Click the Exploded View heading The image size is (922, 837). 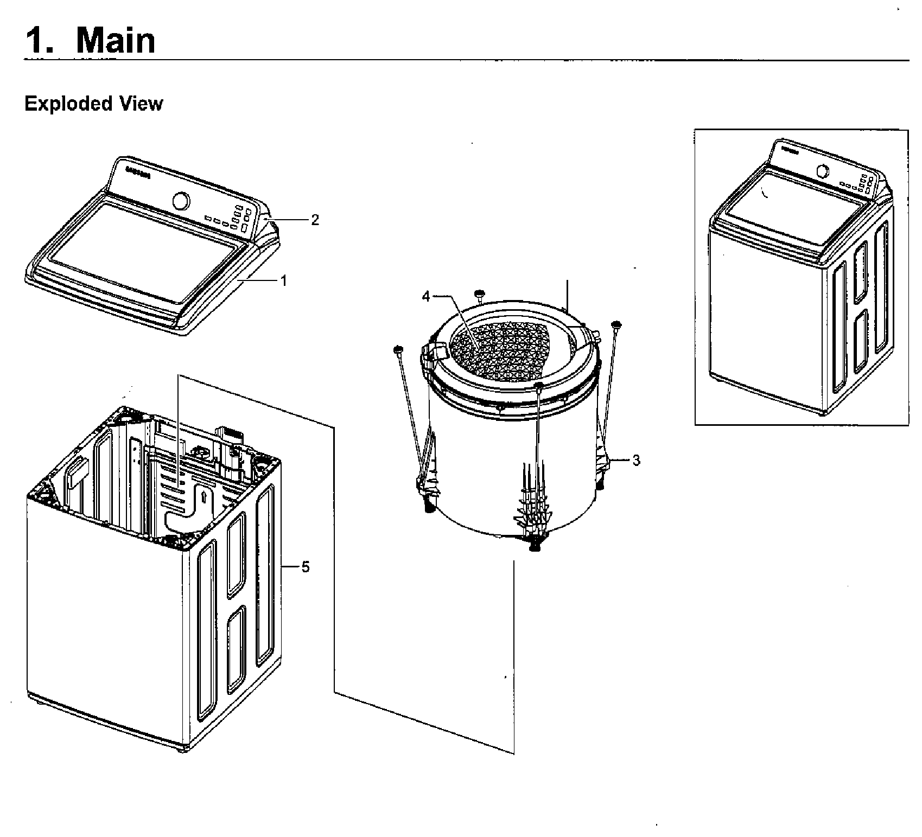coord(93,103)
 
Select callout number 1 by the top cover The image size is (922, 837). coord(283,280)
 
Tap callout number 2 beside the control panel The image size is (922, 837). coord(315,220)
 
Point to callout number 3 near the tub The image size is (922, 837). coord(636,461)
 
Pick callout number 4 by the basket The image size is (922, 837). coord(426,296)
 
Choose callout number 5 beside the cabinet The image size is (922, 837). coord(306,567)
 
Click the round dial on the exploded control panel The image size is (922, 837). coord(181,201)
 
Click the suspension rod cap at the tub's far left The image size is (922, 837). coord(397,349)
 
